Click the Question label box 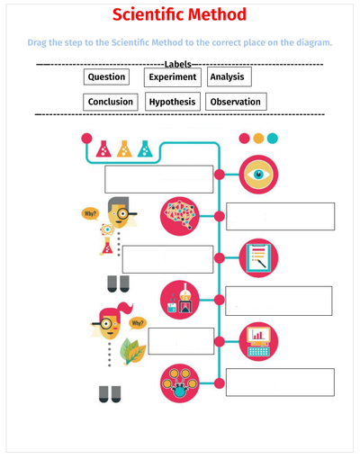point(106,76)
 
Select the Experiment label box point(173,77)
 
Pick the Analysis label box point(229,76)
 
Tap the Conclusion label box point(111,102)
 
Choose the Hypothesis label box point(173,102)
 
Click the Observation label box point(236,102)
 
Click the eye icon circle point(258,175)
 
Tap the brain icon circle point(180,216)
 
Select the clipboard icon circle point(258,257)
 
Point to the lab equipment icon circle point(180,300)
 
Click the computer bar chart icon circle point(258,341)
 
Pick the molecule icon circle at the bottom point(180,383)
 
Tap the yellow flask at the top point(124,148)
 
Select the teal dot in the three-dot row point(273,139)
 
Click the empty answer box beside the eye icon point(159,179)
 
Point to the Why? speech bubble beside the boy point(90,214)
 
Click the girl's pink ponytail point(125,308)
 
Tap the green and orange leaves point(133,351)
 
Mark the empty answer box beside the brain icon point(281,216)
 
